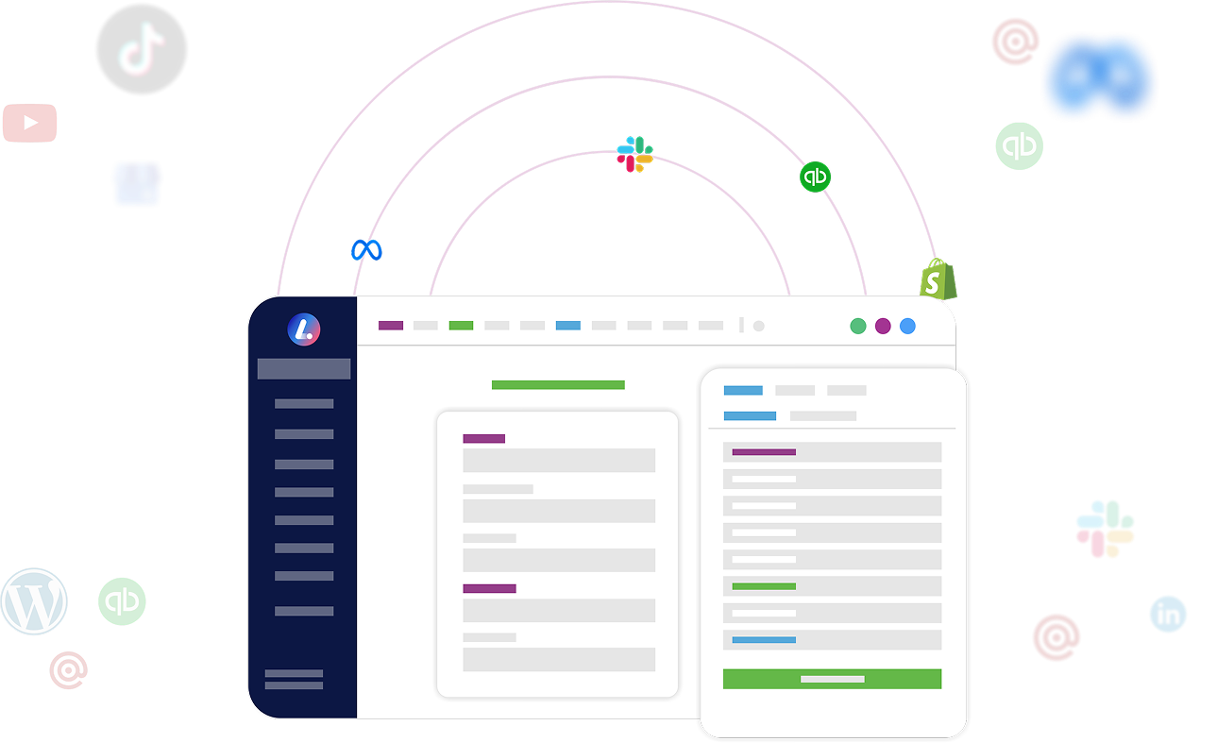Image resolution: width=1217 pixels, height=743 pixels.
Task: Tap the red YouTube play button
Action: click(29, 123)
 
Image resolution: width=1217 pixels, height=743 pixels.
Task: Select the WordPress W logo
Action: click(34, 601)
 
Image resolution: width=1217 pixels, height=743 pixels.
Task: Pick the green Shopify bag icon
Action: click(938, 279)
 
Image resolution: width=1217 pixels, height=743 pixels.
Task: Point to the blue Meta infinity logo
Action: click(366, 250)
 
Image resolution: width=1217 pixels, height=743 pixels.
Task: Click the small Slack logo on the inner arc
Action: click(634, 155)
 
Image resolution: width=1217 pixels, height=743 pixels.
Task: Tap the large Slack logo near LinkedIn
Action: click(1105, 529)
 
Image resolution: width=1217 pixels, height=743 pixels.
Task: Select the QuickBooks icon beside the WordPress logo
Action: click(122, 601)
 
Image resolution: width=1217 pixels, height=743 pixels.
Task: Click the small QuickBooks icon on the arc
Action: click(815, 177)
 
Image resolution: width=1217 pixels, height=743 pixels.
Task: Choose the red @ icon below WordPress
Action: click(69, 670)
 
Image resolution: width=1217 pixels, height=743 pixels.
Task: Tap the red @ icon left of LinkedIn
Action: click(1056, 637)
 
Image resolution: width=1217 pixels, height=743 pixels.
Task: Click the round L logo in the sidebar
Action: click(303, 329)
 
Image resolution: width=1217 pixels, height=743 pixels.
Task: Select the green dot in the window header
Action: click(857, 327)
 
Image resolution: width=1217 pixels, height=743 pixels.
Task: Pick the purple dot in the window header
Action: click(883, 327)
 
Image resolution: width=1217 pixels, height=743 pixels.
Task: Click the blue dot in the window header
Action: click(907, 327)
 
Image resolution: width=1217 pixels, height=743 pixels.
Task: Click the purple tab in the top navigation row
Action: click(391, 326)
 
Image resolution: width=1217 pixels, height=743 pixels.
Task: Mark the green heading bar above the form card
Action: click(558, 385)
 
